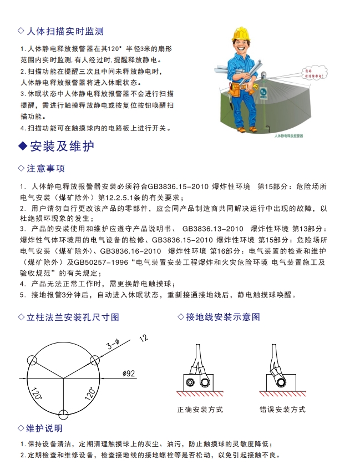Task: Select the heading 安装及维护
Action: click(61, 146)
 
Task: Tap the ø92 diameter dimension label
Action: click(129, 374)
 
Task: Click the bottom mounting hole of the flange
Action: click(64, 415)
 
